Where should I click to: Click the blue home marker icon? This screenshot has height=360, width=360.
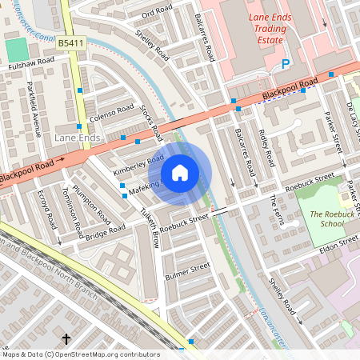[x=180, y=173]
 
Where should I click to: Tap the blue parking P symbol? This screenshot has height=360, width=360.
[x=286, y=64]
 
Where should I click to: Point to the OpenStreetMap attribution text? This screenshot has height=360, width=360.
[x=80, y=354]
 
